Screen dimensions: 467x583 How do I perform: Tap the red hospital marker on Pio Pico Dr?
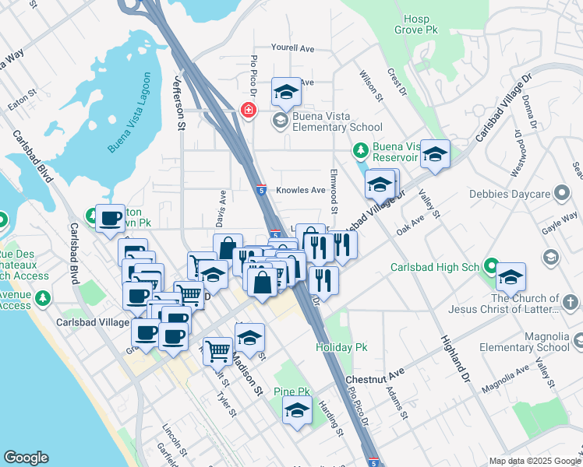pyautogui.click(x=249, y=111)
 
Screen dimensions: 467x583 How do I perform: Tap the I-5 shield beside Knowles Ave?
pyautogui.click(x=261, y=189)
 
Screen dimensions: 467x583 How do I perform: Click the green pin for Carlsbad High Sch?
pyautogui.click(x=491, y=268)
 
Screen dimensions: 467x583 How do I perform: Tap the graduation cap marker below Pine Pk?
pyautogui.click(x=297, y=411)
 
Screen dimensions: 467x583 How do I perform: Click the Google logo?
pyautogui.click(x=26, y=458)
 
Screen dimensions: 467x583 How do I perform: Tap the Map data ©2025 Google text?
pyautogui.click(x=534, y=461)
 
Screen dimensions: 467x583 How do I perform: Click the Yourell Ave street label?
pyautogui.click(x=292, y=48)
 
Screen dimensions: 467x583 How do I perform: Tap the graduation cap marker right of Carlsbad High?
pyautogui.click(x=511, y=277)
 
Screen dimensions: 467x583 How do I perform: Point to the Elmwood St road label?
pyautogui.click(x=334, y=191)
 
